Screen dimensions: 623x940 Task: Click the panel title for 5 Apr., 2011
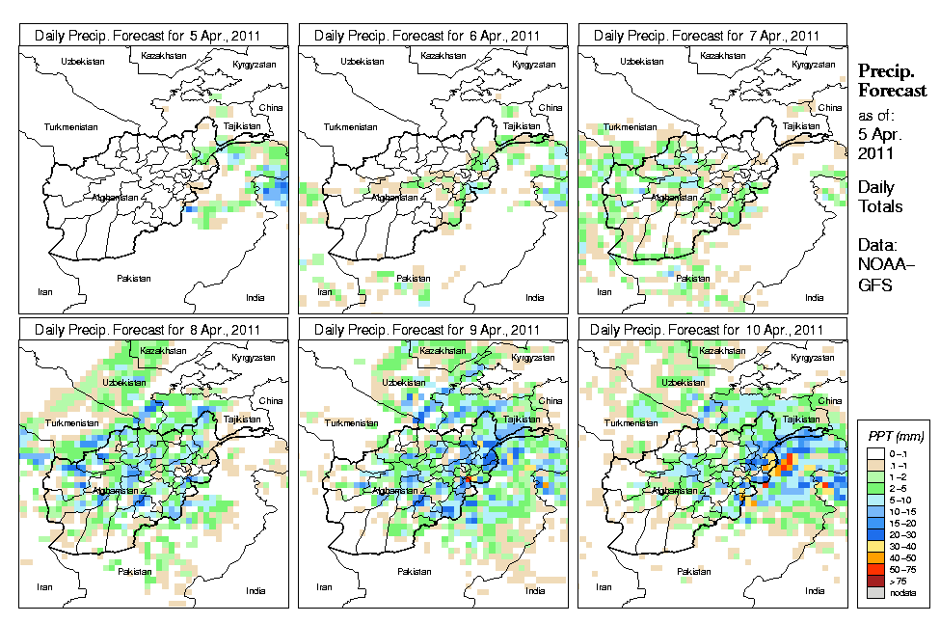154,36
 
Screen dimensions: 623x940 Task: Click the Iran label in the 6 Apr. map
325,290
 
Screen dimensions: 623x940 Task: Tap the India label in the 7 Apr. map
815,298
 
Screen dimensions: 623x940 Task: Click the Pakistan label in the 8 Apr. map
135,572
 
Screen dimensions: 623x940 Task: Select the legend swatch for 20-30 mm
876,532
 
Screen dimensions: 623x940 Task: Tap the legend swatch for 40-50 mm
876,557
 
